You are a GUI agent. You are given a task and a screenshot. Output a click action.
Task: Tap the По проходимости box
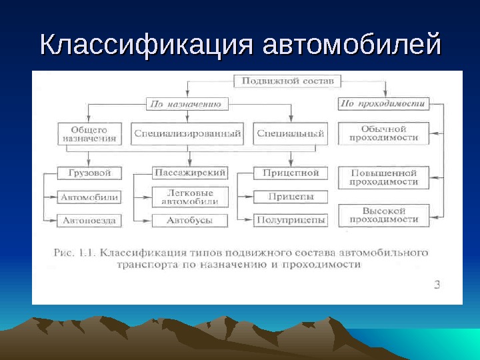pos(383,104)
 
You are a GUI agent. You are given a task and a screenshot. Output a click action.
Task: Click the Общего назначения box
pos(89,134)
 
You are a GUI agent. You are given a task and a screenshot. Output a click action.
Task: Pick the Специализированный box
pos(187,134)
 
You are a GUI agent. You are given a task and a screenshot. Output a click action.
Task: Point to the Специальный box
pos(291,134)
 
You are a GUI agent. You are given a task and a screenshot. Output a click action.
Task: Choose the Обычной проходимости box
pos(384,133)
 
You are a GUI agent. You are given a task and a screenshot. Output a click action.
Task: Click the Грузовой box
pos(89,173)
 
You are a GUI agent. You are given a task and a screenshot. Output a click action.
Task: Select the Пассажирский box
pos(190,173)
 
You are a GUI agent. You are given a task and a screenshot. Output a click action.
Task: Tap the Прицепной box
pos(291,173)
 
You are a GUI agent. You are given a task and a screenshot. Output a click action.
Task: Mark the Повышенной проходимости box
pos(384,177)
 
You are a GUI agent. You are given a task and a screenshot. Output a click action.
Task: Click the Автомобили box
pos(89,197)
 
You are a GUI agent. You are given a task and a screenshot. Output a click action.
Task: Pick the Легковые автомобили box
pos(190,197)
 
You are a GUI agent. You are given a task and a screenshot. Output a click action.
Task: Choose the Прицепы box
pos(291,197)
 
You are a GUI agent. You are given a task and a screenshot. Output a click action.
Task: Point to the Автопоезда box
pos(89,220)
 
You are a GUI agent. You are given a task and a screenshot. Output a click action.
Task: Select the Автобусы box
pos(190,220)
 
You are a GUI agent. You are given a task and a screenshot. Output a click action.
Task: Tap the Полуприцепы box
pos(291,220)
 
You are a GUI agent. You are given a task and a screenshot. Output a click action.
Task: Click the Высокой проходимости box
pos(384,215)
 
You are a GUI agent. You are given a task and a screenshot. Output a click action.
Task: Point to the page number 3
pos(437,285)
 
